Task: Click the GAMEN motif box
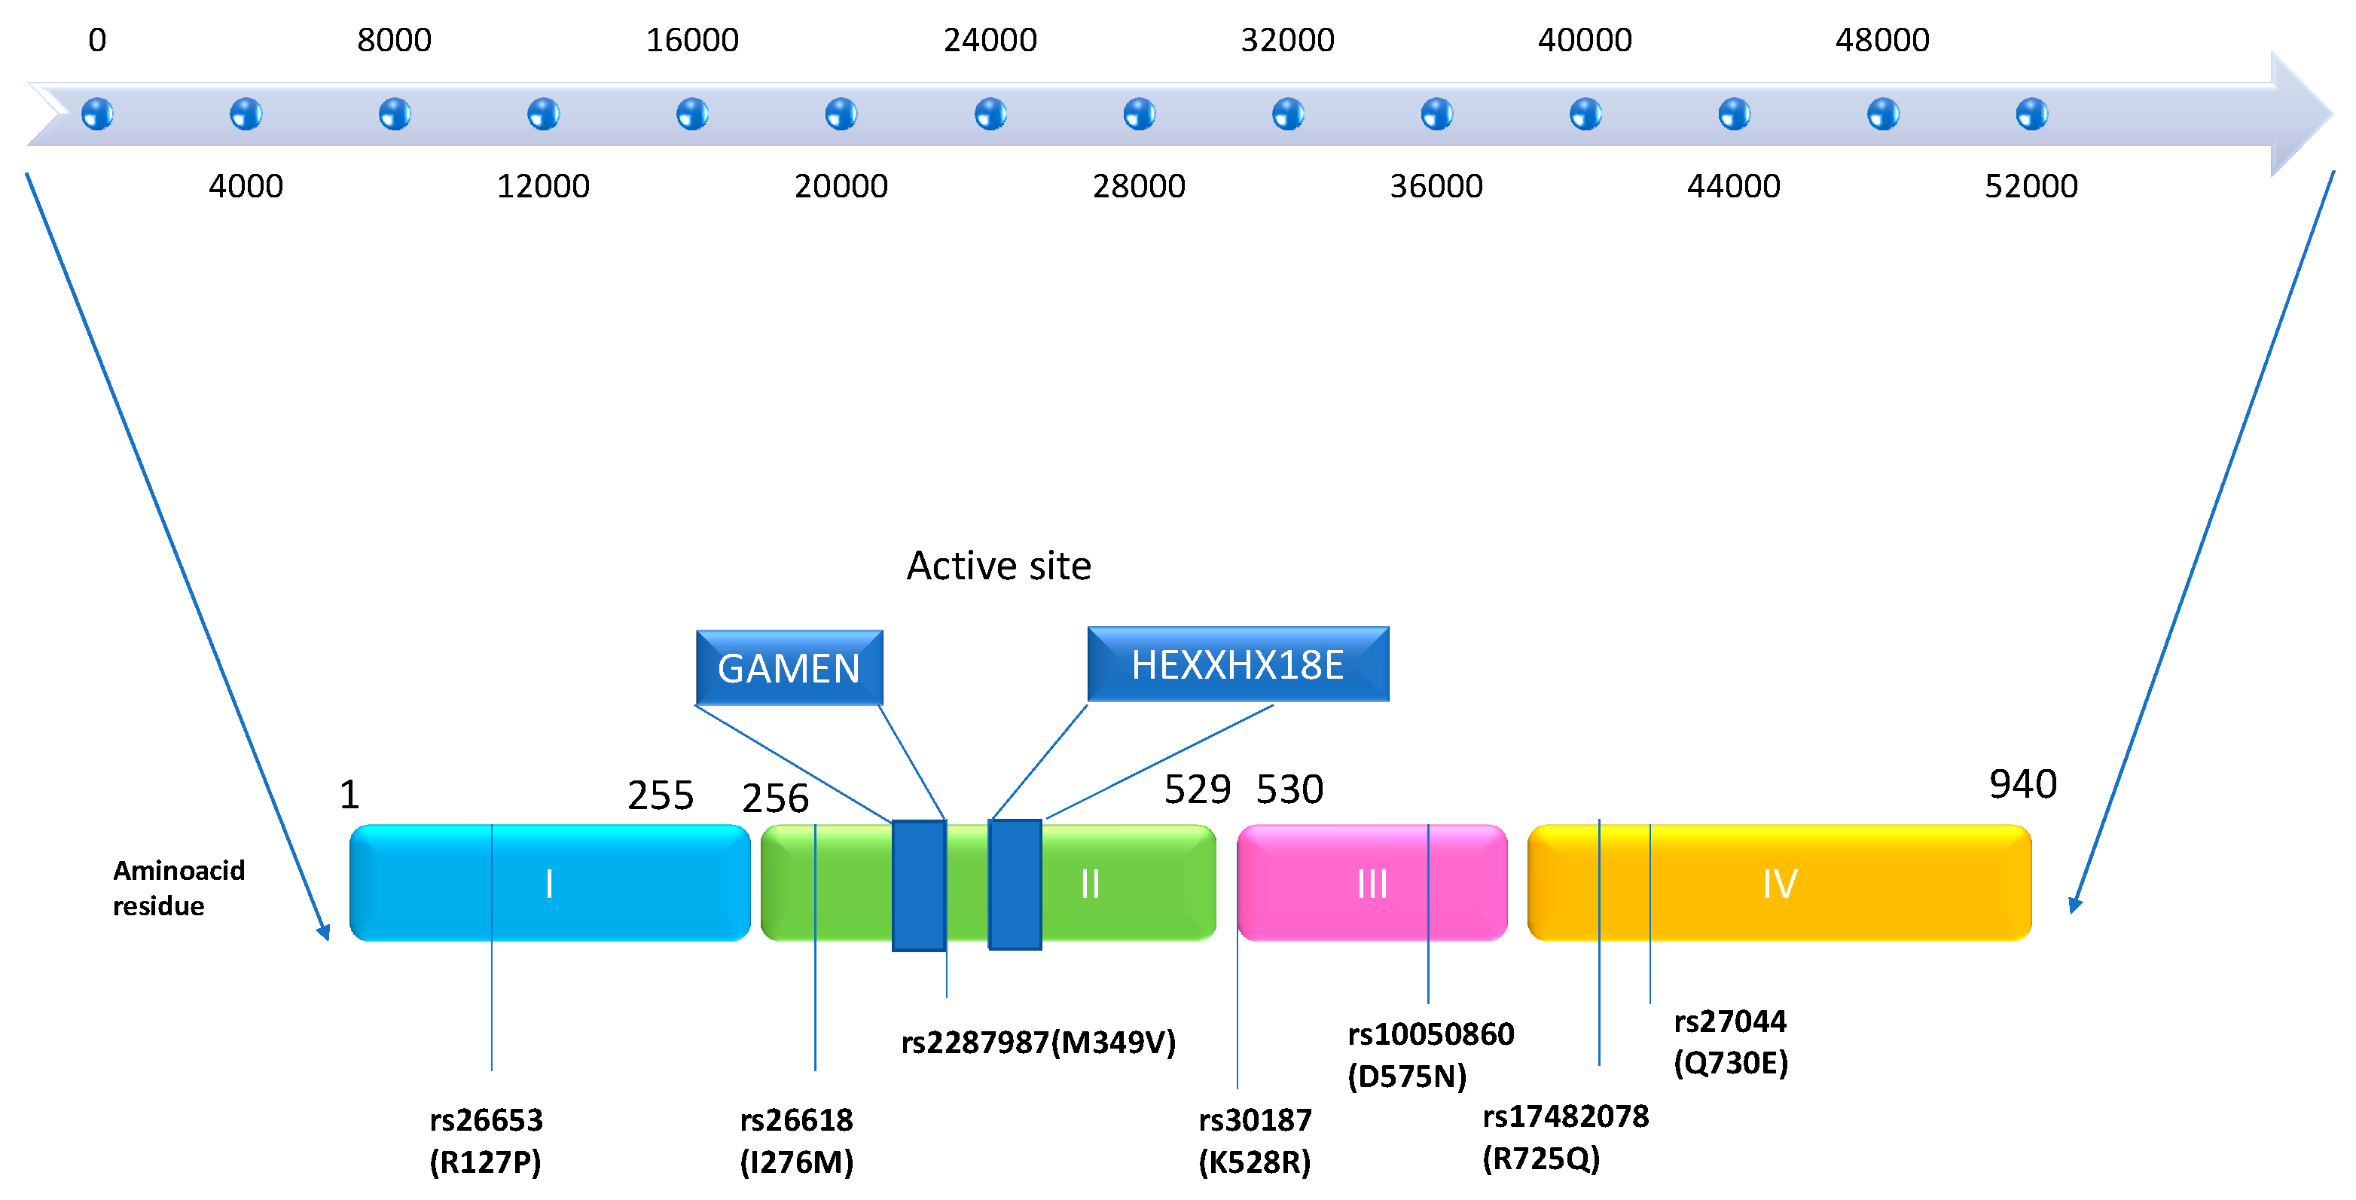[789, 667]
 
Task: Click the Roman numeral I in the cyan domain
[549, 884]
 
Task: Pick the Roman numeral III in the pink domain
[1372, 884]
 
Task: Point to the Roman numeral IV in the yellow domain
[1780, 884]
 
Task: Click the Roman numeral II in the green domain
[1090, 884]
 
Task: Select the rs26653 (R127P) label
[486, 1140]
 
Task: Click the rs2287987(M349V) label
[1038, 1043]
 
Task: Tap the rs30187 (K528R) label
[1255, 1140]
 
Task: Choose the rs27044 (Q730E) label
[1730, 1042]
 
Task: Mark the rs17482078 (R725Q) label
[1565, 1137]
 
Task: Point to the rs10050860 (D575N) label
[1430, 1055]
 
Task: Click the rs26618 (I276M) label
[797, 1140]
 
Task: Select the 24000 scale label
[990, 40]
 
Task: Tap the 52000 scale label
[2031, 187]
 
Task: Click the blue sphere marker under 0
[97, 115]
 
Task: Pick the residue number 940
[2023, 785]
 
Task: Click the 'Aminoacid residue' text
[179, 888]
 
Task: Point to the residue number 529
[1198, 789]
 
